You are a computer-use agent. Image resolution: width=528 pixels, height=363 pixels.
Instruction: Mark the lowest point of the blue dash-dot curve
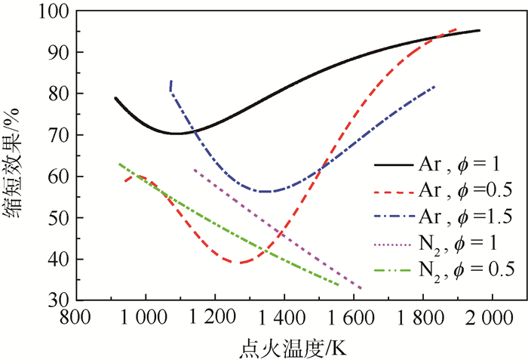pyautogui.click(x=266, y=192)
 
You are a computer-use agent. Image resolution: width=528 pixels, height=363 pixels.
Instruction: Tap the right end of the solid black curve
pyautogui.click(x=479, y=30)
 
